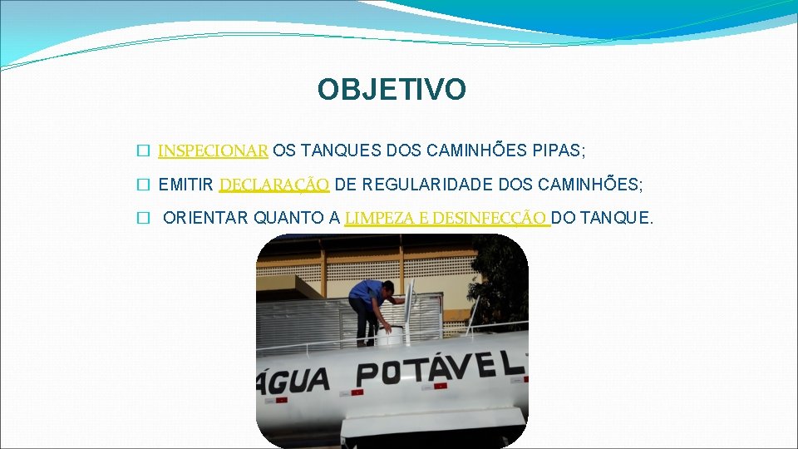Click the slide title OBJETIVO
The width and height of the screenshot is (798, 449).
tap(392, 90)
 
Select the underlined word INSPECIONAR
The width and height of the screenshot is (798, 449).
tap(213, 150)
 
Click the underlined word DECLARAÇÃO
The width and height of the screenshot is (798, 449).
tap(274, 184)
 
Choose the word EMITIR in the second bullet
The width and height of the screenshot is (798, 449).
tap(185, 184)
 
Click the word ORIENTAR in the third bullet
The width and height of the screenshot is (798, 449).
tap(205, 218)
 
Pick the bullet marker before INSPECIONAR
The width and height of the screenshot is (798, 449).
tap(143, 151)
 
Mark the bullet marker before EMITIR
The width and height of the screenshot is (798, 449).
tap(143, 185)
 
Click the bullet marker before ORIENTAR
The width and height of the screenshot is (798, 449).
tap(143, 219)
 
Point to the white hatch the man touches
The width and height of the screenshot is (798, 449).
tap(390, 335)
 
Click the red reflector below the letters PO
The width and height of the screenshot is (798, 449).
tap(359, 390)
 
